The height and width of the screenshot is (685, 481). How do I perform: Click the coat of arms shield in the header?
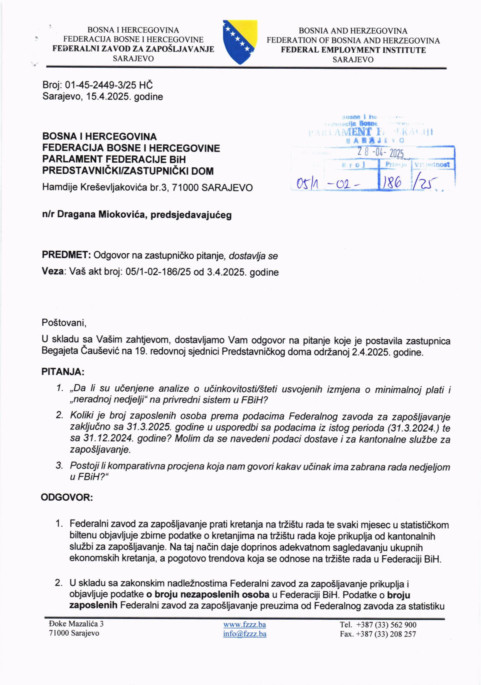(240, 42)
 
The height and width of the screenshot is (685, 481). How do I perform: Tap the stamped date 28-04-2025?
(380, 153)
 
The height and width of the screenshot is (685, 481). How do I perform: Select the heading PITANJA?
(63, 372)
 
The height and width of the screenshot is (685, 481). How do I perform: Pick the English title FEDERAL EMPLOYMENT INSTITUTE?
(353, 50)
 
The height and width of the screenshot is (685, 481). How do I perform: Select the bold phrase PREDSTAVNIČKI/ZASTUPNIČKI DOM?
(128, 171)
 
